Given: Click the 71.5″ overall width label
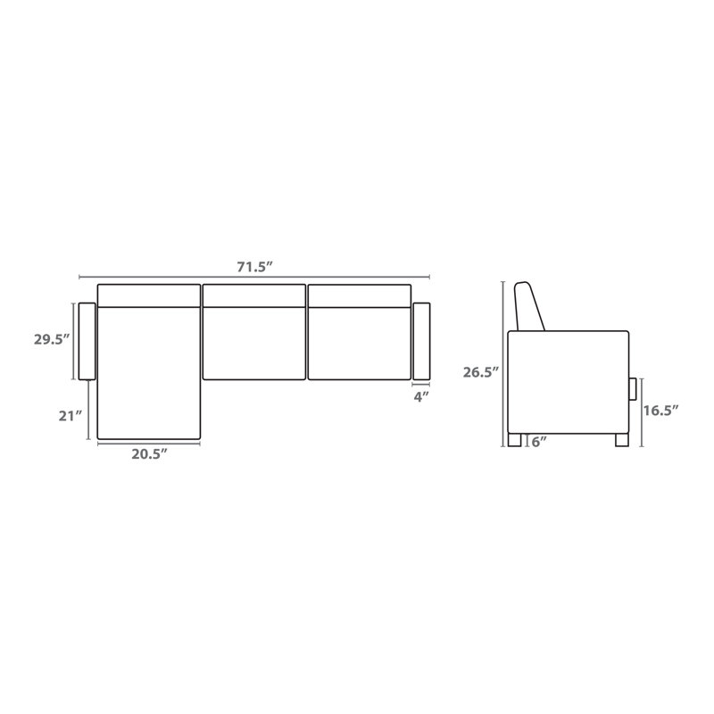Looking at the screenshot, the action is tap(254, 267).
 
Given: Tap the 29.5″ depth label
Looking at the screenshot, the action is tap(52, 339).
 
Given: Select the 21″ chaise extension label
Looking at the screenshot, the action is tap(71, 416).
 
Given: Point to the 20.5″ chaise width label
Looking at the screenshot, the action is tap(149, 454).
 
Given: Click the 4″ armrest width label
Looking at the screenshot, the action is tap(421, 396).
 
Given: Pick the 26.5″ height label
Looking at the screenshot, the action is tap(481, 372).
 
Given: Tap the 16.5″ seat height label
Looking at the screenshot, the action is tap(660, 411).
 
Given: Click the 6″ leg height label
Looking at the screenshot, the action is tap(539, 441).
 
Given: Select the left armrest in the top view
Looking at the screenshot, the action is tap(87, 341).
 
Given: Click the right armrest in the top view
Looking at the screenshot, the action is tap(421, 341).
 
